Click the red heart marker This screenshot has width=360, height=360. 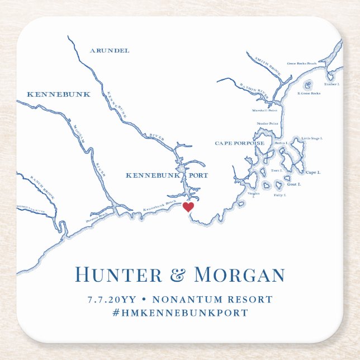[188, 207]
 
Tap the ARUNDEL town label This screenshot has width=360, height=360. [109, 51]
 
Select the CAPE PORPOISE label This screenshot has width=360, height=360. [239, 143]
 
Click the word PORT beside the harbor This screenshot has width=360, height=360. [198, 176]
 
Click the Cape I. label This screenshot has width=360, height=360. [313, 173]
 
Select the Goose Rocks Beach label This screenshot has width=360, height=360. [302, 64]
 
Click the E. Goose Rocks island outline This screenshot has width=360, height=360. [307, 86]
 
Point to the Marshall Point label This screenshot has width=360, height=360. [266, 109]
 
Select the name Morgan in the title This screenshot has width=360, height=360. [239, 275]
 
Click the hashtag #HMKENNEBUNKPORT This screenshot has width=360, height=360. [179, 313]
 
